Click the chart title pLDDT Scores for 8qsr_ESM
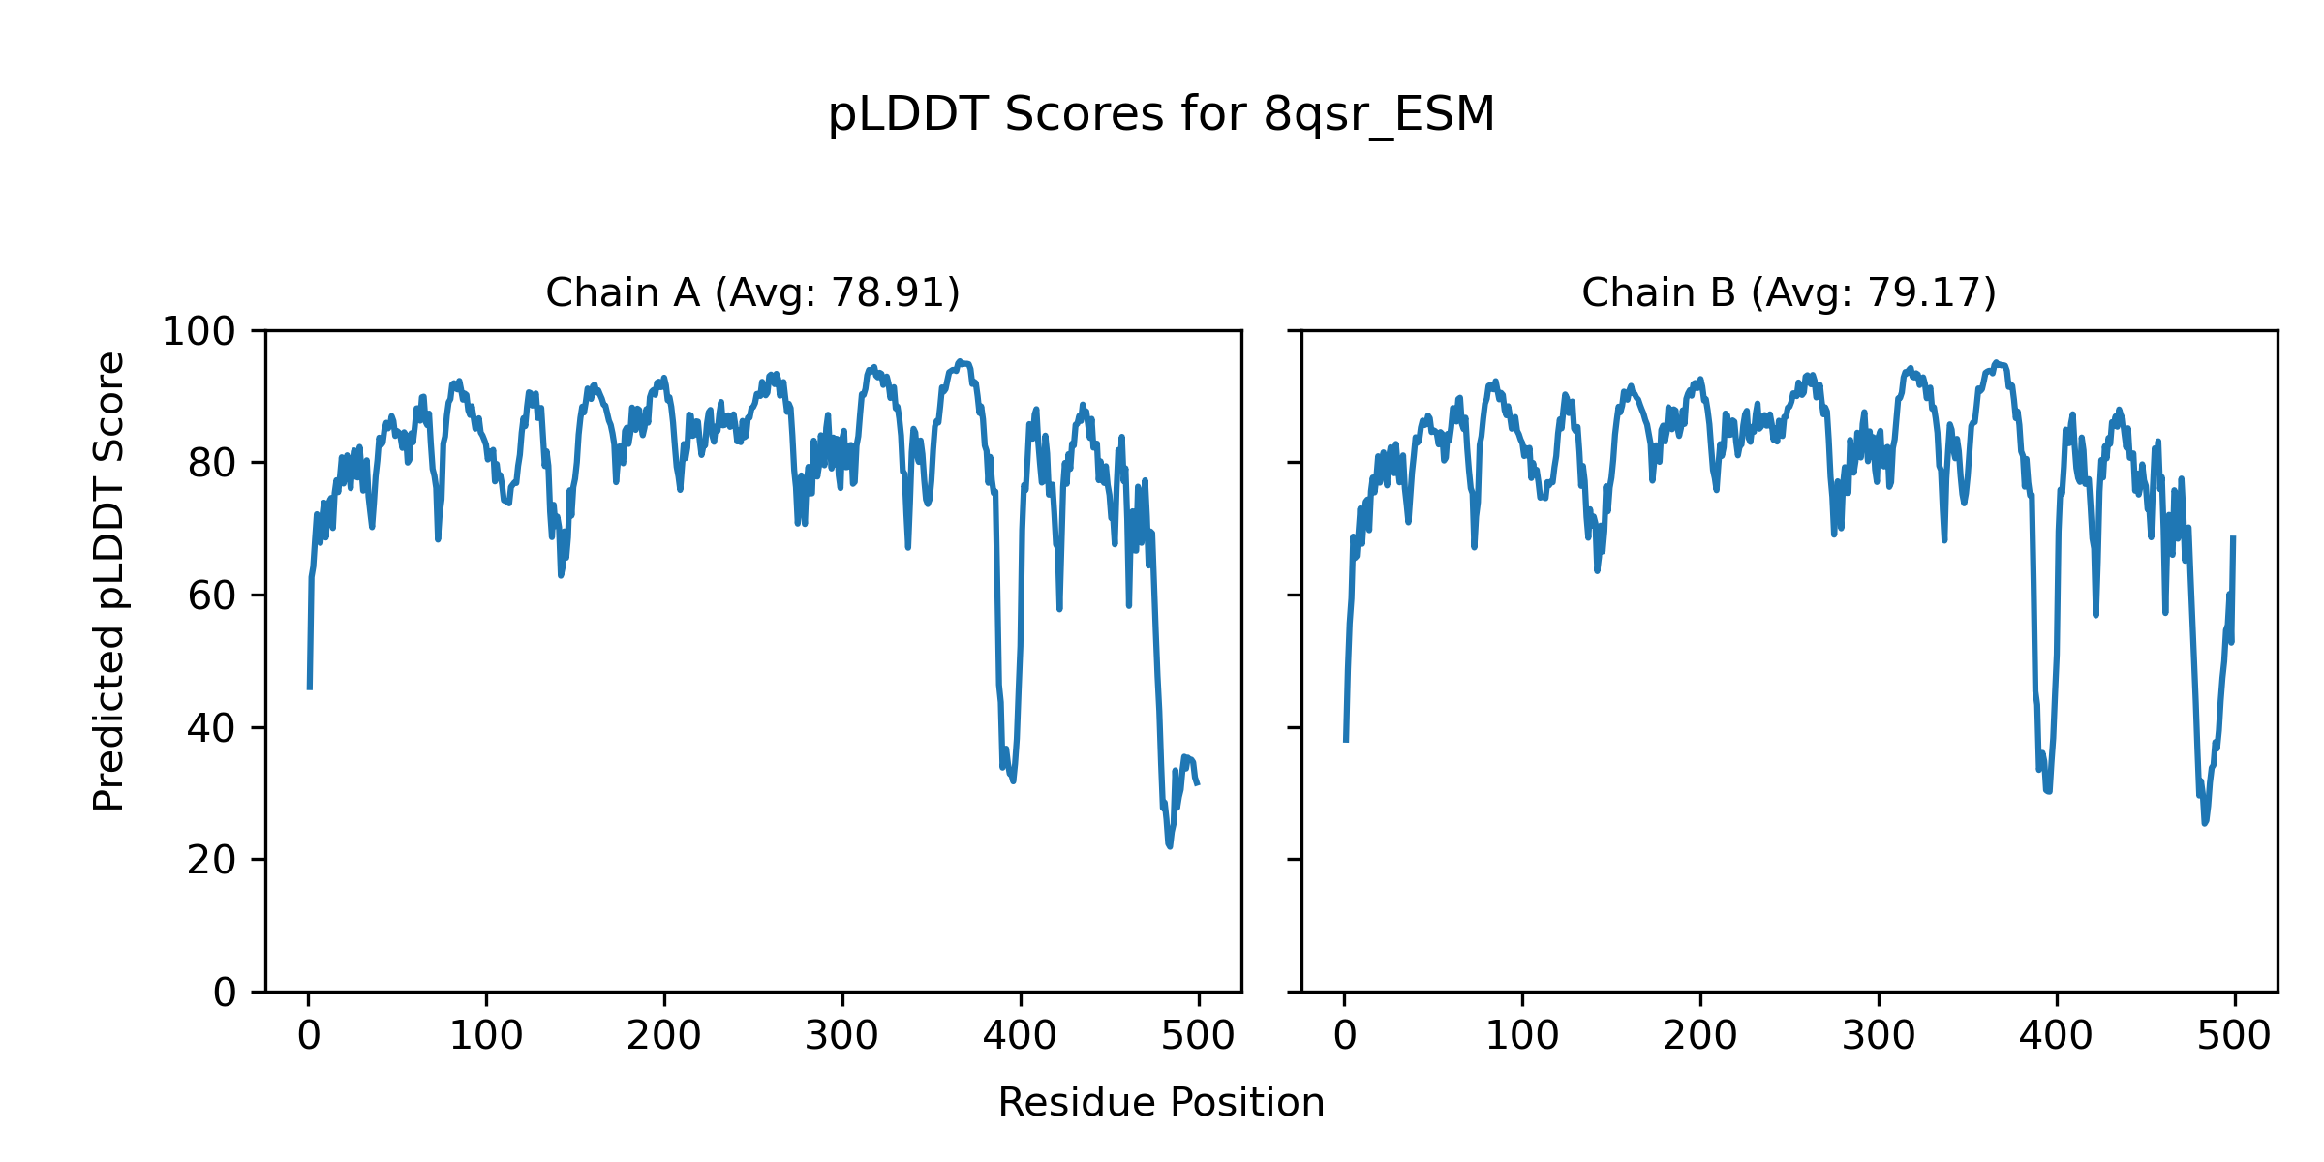click(x=1161, y=115)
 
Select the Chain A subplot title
click(x=752, y=292)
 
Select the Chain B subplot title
click(x=1789, y=292)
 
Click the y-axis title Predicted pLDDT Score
click(x=109, y=581)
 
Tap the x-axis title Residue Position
click(x=1161, y=1103)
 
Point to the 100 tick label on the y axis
click(x=199, y=332)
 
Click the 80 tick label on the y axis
click(x=211, y=464)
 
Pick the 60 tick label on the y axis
click(x=211, y=596)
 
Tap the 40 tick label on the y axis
click(x=211, y=728)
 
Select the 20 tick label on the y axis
click(x=211, y=860)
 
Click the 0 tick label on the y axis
click(x=225, y=993)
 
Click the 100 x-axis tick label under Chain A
click(x=486, y=1037)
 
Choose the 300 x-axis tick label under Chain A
click(x=842, y=1037)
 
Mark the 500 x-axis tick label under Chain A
click(x=1199, y=1037)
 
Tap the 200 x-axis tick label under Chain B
click(x=1700, y=1037)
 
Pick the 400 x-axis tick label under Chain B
click(x=2057, y=1037)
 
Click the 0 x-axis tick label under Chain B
click(x=1345, y=1037)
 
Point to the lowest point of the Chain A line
click(x=1170, y=846)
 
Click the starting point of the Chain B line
click(x=1345, y=741)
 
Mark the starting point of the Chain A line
click(x=309, y=688)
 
